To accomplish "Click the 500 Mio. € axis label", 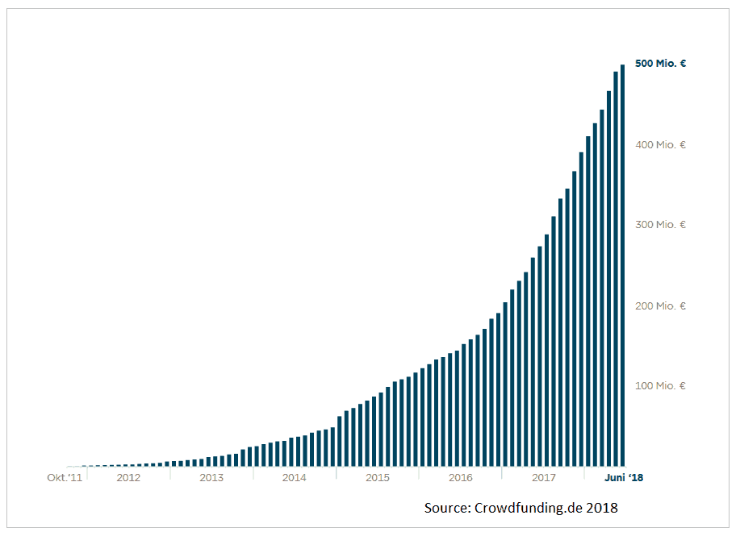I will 660,63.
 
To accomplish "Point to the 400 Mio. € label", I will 660,144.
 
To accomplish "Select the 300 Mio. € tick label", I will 660,224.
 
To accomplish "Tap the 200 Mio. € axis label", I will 660,305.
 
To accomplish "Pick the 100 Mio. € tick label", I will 660,385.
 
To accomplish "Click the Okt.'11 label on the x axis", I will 65,478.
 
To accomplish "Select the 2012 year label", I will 128,478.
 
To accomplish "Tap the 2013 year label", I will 211,478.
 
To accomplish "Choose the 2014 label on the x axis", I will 295,478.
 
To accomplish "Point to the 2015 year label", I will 378,478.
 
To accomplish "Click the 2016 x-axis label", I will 461,478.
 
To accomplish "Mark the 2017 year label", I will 544,478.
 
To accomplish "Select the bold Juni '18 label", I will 625,478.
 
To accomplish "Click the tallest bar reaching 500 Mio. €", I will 623,266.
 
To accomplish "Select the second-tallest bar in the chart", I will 616,270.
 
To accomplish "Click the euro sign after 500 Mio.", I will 683,63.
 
